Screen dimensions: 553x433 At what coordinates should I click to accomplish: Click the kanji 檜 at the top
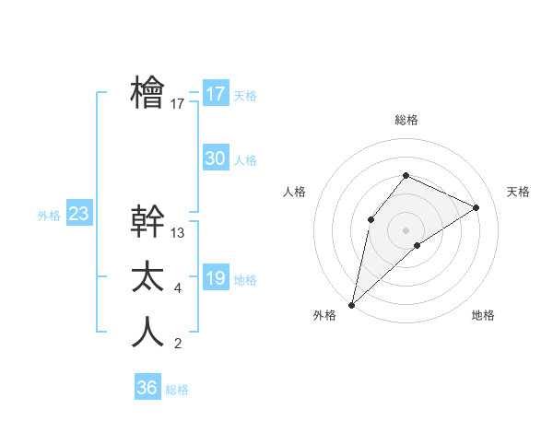(147, 93)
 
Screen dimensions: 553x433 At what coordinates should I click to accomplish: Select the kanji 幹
(147, 221)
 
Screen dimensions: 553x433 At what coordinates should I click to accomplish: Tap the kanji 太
(147, 277)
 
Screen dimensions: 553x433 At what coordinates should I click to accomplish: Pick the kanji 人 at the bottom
(147, 332)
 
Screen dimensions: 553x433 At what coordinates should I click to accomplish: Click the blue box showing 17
(216, 94)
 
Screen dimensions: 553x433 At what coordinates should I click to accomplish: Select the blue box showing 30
(216, 158)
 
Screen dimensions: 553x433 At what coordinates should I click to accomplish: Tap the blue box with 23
(78, 215)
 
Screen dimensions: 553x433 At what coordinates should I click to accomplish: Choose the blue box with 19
(216, 278)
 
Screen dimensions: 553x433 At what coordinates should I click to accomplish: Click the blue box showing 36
(147, 388)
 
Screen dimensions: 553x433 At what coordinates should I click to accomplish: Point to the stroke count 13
(178, 233)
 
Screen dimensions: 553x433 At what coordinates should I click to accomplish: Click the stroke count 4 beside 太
(178, 289)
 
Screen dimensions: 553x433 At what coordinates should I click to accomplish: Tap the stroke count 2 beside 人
(178, 345)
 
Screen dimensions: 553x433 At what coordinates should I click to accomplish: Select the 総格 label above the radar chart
(406, 120)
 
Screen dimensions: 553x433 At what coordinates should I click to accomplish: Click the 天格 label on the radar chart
(518, 192)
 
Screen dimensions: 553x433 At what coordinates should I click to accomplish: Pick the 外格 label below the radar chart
(324, 315)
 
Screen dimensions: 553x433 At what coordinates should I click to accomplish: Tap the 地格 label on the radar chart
(483, 315)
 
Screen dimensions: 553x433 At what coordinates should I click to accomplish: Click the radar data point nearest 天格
(477, 207)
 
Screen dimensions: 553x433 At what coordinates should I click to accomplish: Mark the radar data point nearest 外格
(351, 304)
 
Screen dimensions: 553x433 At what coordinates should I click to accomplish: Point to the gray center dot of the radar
(406, 229)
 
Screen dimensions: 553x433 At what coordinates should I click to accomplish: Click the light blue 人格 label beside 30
(245, 160)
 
